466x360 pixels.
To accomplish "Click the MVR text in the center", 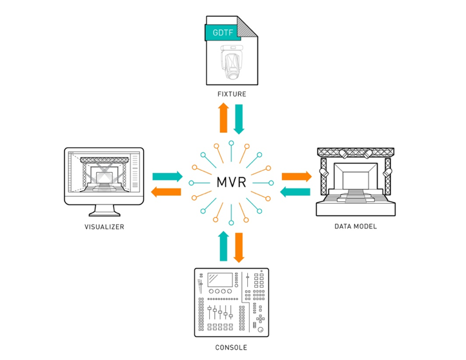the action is point(231,182).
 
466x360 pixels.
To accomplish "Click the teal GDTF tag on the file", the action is point(223,32).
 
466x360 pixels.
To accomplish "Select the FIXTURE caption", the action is point(232,94).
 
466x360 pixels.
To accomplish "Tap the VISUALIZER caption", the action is point(105,227).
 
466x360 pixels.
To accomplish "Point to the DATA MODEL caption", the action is point(356,226).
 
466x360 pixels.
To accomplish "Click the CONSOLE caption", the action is point(231,348).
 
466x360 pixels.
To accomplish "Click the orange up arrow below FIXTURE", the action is point(223,117).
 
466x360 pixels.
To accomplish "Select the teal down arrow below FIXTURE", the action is point(239,119).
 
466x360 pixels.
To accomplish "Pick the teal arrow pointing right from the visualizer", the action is point(168,176).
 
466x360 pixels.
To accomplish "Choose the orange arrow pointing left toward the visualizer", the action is point(166,192).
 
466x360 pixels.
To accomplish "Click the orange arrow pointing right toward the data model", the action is point(297,176).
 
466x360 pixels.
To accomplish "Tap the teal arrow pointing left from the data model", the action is point(295,192).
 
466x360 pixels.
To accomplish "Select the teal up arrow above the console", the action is point(223,246).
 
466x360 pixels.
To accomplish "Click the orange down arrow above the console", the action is point(239,248).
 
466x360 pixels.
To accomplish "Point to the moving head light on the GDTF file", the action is point(232,62).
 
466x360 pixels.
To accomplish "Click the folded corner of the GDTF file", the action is point(247,26).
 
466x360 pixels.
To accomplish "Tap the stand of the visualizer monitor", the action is point(105,210).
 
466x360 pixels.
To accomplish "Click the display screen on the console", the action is point(220,280).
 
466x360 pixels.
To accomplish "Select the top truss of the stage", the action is point(356,152).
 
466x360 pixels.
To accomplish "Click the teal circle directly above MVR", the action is point(231,143).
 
